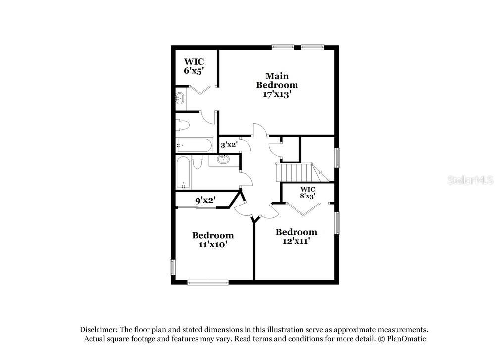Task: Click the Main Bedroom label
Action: click(277, 81)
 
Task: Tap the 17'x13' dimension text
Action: click(277, 94)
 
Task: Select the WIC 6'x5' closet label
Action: click(194, 66)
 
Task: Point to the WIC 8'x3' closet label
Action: click(308, 192)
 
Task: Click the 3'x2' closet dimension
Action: click(229, 145)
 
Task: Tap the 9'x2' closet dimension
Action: click(205, 200)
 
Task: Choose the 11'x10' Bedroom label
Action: click(213, 240)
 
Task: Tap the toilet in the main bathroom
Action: click(182, 125)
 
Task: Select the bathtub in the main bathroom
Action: click(194, 145)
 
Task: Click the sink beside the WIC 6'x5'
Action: click(179, 98)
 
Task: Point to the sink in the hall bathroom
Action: click(224, 160)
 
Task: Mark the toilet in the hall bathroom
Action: click(198, 162)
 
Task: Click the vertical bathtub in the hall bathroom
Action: click(183, 172)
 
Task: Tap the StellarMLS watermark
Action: click(470, 180)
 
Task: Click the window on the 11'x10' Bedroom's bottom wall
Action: click(208, 282)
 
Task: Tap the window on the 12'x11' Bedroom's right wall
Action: click(337, 223)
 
